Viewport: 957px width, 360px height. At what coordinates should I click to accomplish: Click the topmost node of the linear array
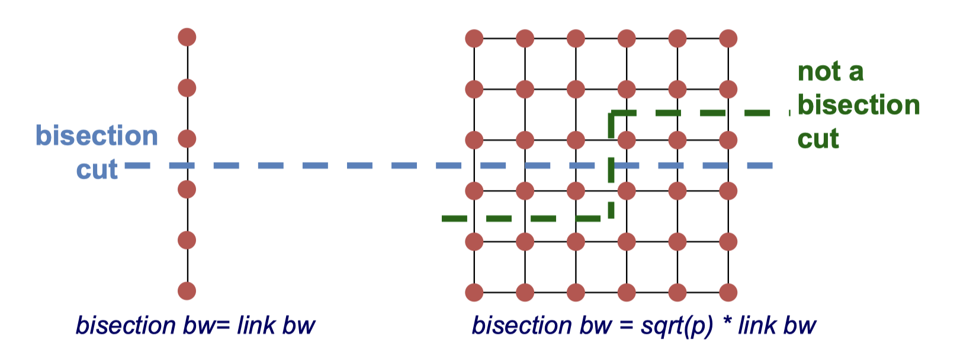point(187,37)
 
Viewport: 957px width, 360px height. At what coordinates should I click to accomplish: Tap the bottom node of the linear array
point(187,291)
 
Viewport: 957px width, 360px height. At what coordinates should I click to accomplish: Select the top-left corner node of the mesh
point(474,39)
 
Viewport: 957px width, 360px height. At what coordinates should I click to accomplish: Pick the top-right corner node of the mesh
point(728,39)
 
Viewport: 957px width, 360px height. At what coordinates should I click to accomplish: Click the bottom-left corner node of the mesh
point(474,292)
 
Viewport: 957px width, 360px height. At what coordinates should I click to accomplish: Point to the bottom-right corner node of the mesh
point(728,292)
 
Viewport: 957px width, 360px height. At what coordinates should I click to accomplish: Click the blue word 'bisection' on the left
point(97,136)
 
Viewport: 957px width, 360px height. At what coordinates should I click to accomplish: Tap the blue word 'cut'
point(97,170)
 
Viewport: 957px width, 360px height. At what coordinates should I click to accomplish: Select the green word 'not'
point(820,72)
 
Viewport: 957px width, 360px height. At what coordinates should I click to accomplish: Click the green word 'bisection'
point(859,105)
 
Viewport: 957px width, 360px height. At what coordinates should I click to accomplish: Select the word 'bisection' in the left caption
point(126,326)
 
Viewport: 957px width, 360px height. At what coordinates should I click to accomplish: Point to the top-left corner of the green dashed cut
point(612,113)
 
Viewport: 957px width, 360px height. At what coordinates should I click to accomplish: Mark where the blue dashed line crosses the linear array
point(187,166)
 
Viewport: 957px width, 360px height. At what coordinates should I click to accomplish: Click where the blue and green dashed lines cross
point(612,166)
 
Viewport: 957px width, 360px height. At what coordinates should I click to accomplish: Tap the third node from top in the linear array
point(187,139)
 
